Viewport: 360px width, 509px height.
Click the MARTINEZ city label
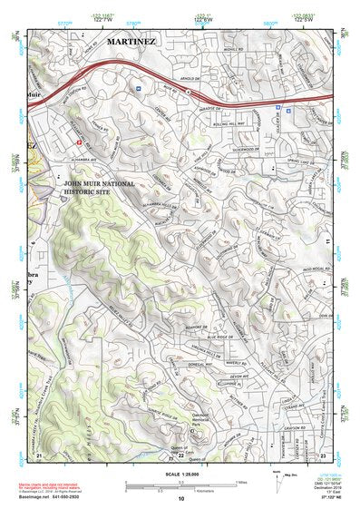pyautogui.click(x=131, y=42)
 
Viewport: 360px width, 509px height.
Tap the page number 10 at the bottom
pyautogui.click(x=181, y=498)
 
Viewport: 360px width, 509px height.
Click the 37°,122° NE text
pyautogui.click(x=326, y=499)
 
